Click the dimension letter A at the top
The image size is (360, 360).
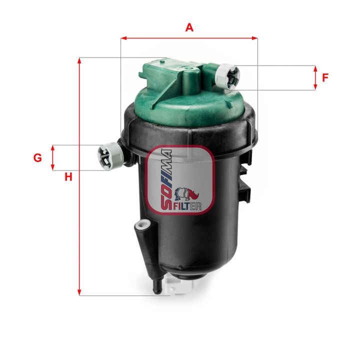(x=189, y=27)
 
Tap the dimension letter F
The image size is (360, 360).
(x=325, y=77)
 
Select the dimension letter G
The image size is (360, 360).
(x=37, y=158)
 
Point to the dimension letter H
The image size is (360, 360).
(x=68, y=176)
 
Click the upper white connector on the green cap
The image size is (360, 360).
(x=228, y=76)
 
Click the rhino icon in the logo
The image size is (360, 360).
(x=188, y=193)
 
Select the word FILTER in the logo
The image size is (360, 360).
(x=187, y=205)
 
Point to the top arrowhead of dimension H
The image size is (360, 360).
(x=79, y=60)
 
